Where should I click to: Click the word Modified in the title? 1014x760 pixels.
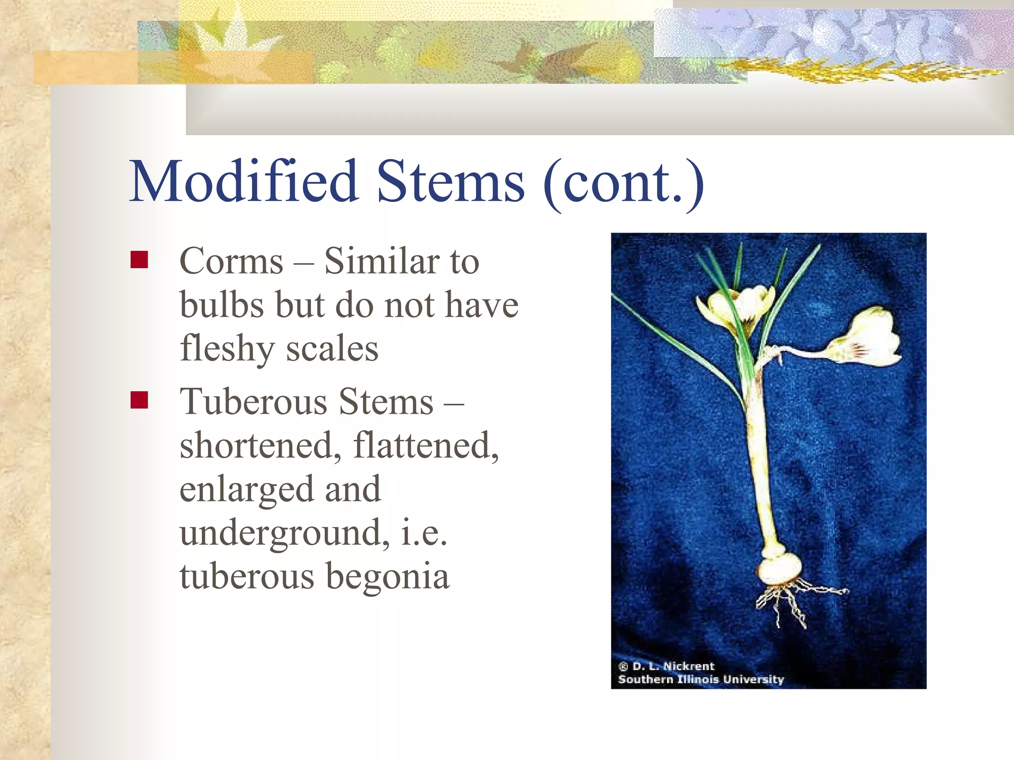244,182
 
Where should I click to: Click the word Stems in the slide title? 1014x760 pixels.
450,182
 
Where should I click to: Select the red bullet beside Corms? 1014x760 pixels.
139,260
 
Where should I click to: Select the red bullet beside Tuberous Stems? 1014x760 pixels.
139,400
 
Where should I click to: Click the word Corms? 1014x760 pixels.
231,261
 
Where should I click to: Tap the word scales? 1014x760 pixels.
332,348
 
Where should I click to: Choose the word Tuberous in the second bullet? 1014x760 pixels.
253,401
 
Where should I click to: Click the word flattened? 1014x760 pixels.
425,445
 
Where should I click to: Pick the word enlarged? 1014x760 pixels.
246,489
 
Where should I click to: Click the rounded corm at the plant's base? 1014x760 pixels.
779,570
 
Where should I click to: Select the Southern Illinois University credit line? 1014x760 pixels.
701,679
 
